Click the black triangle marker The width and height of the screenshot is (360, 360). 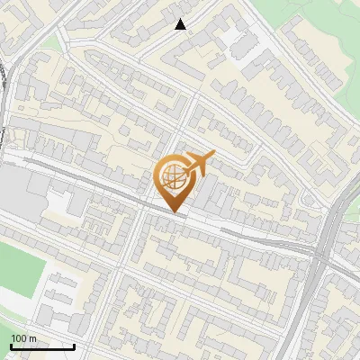coord(181,24)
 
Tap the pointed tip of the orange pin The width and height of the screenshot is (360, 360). coord(173,212)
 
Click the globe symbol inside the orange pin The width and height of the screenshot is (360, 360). coord(173,178)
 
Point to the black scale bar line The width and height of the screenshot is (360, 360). coord(42,346)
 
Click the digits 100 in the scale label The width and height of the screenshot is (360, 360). coord(19,338)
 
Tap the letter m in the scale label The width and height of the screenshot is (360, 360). coord(32,338)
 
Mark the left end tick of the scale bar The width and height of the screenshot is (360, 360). coord(11,345)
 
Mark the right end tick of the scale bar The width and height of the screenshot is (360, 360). coord(74,345)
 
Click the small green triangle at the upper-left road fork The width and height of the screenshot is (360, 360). coord(52,43)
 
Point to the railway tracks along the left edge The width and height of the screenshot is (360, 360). coord(7,99)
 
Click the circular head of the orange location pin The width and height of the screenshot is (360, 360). coord(173,178)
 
